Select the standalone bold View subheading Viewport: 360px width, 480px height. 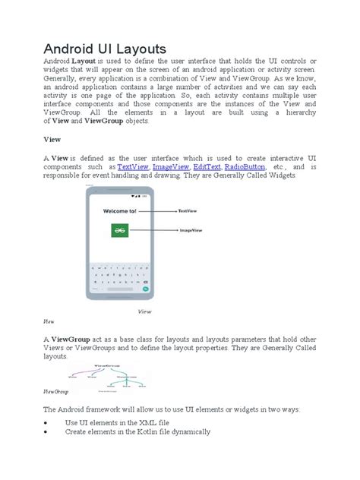[x=50, y=140]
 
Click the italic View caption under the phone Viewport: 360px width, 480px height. [x=145, y=311]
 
